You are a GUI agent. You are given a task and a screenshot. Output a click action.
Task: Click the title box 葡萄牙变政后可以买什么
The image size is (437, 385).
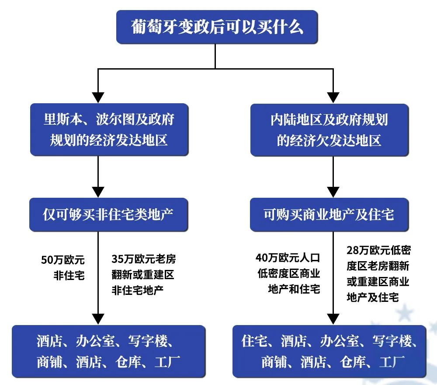tap(217, 28)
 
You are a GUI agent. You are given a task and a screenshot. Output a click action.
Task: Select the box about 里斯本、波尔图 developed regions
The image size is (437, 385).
tap(109, 129)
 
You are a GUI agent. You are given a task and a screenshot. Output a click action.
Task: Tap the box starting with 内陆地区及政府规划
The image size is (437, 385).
tap(329, 129)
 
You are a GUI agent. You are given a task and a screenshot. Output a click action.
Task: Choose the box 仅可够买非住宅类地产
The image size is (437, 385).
tap(108, 214)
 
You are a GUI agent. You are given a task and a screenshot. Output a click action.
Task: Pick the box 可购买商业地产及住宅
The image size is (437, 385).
tap(329, 214)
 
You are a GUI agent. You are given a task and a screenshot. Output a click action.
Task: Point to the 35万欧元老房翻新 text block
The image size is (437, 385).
tap(143, 274)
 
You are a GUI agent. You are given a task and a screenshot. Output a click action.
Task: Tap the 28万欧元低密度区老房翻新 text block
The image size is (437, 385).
tap(378, 274)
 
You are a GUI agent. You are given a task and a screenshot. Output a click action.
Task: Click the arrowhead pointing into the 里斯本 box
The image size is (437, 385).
tap(98, 97)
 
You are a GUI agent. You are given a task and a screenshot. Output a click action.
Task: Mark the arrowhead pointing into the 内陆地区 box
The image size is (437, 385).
tap(333, 97)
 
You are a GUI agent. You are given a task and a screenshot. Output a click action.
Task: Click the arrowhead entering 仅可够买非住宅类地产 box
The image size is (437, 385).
tap(98, 191)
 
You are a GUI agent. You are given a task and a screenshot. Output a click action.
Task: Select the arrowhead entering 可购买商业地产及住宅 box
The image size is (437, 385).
tap(333, 191)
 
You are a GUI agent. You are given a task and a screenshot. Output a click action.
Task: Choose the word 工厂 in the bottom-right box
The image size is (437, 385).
tap(391, 362)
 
